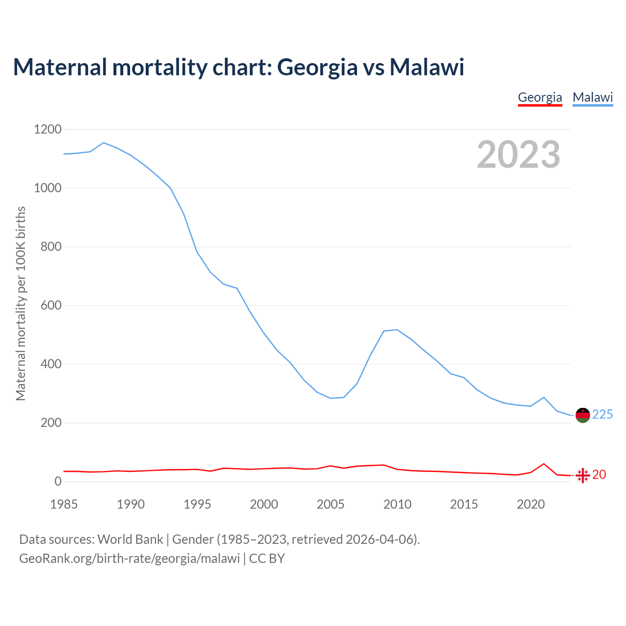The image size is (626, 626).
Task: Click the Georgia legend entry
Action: tap(540, 97)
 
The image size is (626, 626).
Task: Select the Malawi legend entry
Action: tap(593, 97)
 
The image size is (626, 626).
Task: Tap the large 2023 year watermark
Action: tap(518, 155)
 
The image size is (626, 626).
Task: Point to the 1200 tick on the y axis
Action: tap(47, 130)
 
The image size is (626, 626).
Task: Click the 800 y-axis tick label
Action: tap(51, 247)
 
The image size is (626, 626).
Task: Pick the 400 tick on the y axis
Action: tap(51, 364)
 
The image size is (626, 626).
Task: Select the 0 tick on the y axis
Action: tap(58, 482)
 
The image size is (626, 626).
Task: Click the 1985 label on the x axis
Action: tap(64, 504)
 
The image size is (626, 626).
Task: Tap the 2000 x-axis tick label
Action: tap(264, 504)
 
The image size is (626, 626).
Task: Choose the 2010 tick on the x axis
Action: tap(397, 504)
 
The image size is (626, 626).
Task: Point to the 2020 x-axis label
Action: tap(531, 504)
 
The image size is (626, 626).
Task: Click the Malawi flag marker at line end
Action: tap(582, 415)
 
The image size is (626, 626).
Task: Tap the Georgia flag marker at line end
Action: tap(582, 475)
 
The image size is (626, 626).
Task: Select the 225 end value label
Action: tap(603, 415)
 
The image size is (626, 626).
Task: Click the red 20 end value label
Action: tap(599, 475)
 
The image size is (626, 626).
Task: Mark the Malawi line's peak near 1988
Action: tap(104, 143)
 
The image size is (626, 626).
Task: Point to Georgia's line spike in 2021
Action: tap(544, 464)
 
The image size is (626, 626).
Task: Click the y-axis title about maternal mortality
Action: tap(21, 303)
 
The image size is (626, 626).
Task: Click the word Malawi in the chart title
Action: tap(426, 67)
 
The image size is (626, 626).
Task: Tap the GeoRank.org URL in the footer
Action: tap(130, 559)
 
